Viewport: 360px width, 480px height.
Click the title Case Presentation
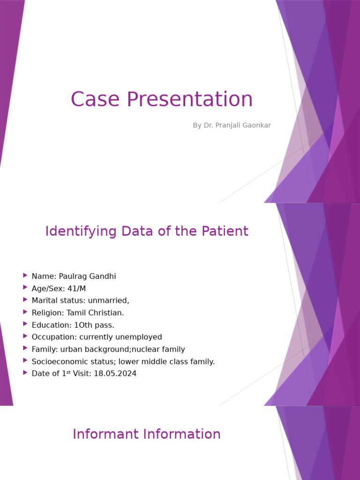point(162,99)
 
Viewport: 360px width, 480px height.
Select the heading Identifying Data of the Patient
point(147,231)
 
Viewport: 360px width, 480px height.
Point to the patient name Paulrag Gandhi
point(88,277)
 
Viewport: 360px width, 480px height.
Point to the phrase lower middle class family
point(166,361)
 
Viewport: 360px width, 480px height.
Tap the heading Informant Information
point(147,434)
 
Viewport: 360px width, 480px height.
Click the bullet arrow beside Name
point(25,276)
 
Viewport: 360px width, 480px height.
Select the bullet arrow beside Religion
point(25,312)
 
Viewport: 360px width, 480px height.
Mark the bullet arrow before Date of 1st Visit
point(25,373)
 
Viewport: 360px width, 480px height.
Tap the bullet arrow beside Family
point(25,349)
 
